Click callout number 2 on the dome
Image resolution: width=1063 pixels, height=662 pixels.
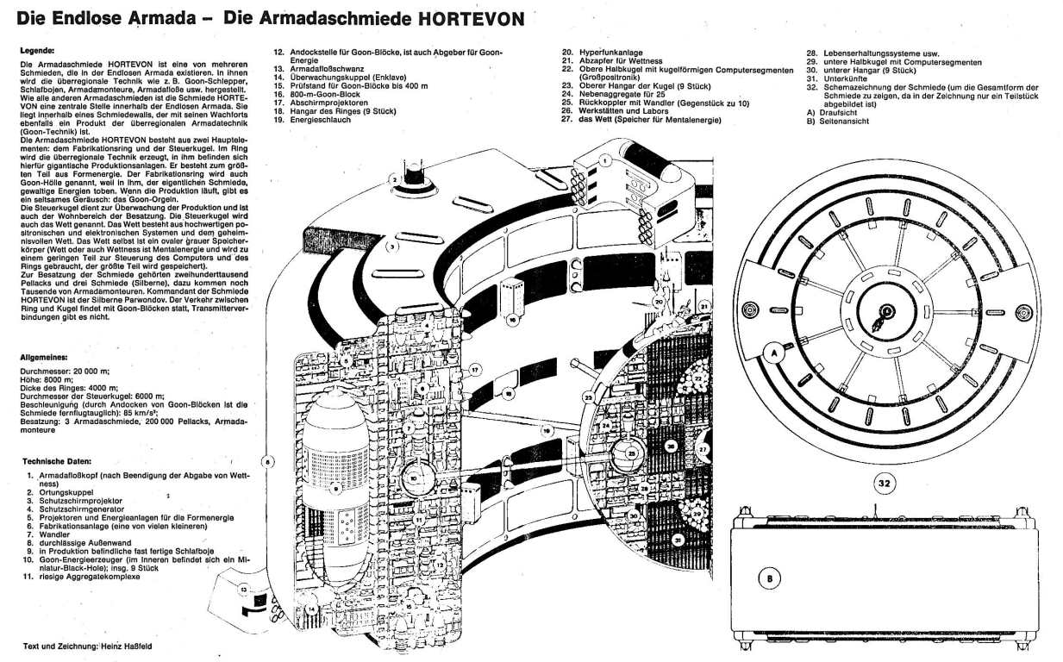394,180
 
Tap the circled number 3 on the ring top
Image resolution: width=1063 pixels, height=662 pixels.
391,247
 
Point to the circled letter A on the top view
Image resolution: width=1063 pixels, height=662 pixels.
774,353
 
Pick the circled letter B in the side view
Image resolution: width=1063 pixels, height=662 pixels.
768,578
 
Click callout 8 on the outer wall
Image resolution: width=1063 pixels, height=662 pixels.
267,462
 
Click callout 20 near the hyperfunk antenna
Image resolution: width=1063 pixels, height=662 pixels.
658,303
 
